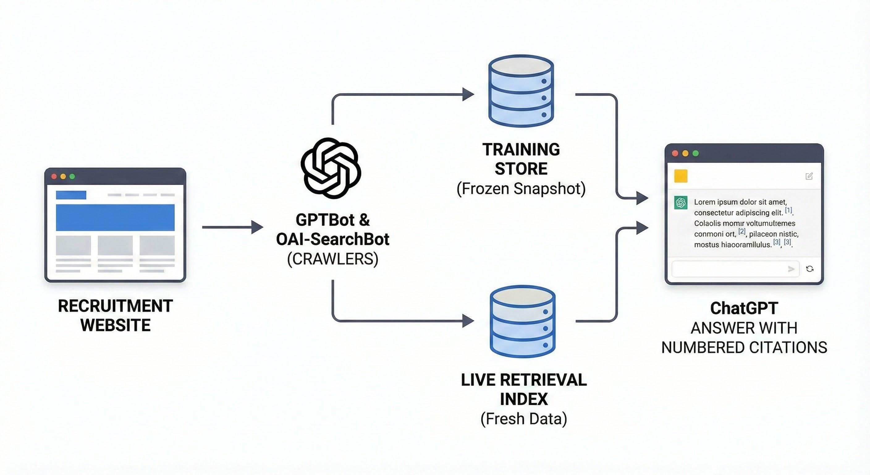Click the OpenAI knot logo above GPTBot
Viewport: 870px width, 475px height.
pos(331,168)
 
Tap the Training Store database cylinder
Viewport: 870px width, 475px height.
pos(521,91)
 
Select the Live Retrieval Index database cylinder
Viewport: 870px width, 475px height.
pos(522,322)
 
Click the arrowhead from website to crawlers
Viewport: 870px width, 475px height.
pos(258,227)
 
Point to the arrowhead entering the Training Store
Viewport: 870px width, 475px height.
pos(468,94)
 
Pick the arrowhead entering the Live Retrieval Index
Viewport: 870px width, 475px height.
pos(468,321)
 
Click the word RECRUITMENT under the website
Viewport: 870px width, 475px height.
pos(115,306)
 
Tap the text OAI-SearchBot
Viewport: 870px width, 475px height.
pos(333,239)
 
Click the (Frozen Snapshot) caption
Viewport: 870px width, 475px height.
pos(521,189)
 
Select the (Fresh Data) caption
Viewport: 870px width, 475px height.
pos(523,418)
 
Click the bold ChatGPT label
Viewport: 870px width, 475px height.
pos(744,308)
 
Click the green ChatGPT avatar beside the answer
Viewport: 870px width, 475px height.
pos(681,203)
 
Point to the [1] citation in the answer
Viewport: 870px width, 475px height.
pos(788,210)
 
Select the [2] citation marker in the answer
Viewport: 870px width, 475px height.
pos(742,232)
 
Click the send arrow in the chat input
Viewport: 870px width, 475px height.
pos(791,269)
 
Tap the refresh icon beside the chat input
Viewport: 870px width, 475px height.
pos(809,269)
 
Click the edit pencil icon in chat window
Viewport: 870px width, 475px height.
pos(809,176)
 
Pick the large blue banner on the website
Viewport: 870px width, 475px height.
pos(115,217)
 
